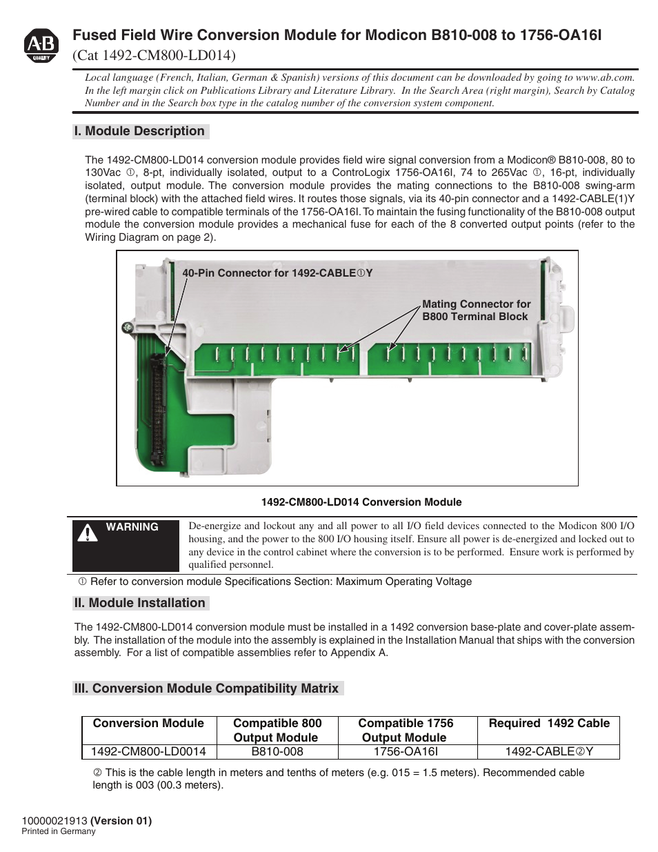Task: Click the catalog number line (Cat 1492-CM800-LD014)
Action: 154,55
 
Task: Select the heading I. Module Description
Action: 139,131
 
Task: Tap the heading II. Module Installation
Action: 140,603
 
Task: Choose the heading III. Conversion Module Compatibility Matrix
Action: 207,688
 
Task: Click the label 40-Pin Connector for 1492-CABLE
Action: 277,273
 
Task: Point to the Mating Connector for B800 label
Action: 476,310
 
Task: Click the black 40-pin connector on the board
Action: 159,407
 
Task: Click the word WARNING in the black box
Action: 132,527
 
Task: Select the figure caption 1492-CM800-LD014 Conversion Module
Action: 361,502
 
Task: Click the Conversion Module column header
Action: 148,723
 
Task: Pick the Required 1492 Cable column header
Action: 549,723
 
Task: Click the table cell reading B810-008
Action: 277,752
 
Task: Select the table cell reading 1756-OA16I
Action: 406,752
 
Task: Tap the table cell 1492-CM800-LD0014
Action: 148,752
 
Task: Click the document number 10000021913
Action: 54,821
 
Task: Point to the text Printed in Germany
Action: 59,831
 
